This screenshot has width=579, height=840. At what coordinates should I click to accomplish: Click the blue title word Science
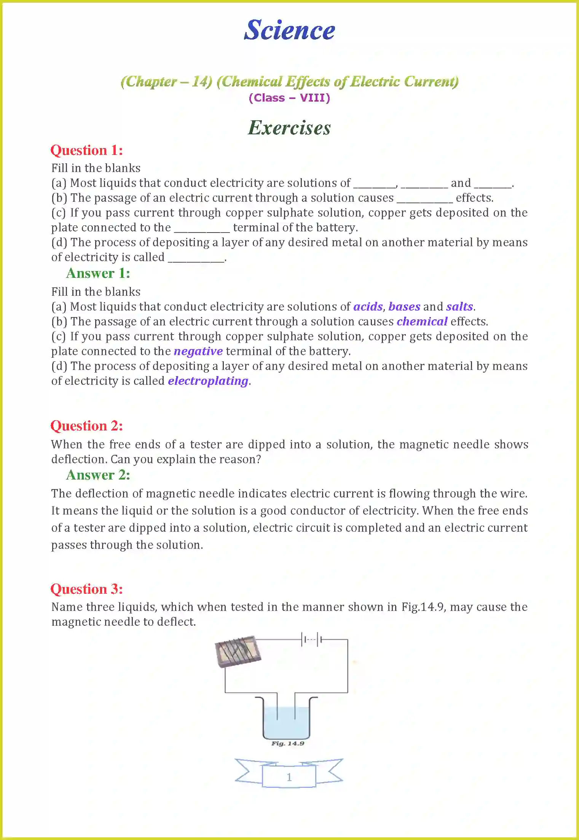tap(289, 30)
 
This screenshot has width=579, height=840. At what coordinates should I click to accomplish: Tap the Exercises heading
tap(289, 128)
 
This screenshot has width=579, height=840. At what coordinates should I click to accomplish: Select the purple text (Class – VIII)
tap(289, 98)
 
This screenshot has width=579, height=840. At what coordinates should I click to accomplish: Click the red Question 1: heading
tap(87, 150)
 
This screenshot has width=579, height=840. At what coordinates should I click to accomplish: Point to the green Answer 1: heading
tap(98, 273)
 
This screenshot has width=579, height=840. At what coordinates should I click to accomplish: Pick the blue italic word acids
tap(368, 306)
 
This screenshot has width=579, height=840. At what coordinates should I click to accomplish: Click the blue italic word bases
tap(404, 306)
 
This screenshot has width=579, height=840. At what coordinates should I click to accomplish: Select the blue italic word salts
tap(459, 306)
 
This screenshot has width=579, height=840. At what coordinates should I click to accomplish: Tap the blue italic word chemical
tap(422, 321)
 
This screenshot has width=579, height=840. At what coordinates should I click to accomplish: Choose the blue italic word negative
tap(198, 351)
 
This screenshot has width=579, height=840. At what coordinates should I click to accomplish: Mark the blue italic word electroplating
tap(208, 381)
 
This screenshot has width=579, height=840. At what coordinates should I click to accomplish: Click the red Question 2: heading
tap(87, 426)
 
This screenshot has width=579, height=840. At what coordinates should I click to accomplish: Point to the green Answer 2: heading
tap(98, 475)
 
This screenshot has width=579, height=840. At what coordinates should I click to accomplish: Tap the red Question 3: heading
tap(87, 589)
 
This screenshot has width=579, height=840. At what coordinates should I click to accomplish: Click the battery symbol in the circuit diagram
tap(312, 640)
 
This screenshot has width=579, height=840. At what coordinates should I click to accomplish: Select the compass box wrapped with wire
tap(238, 651)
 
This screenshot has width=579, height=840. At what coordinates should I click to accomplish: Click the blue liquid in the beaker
tap(286, 723)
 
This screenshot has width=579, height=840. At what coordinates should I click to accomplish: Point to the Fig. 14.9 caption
tap(288, 743)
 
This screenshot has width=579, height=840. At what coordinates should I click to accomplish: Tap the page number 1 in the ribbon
tap(289, 777)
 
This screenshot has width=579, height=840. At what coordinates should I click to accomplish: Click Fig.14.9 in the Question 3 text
tap(423, 607)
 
